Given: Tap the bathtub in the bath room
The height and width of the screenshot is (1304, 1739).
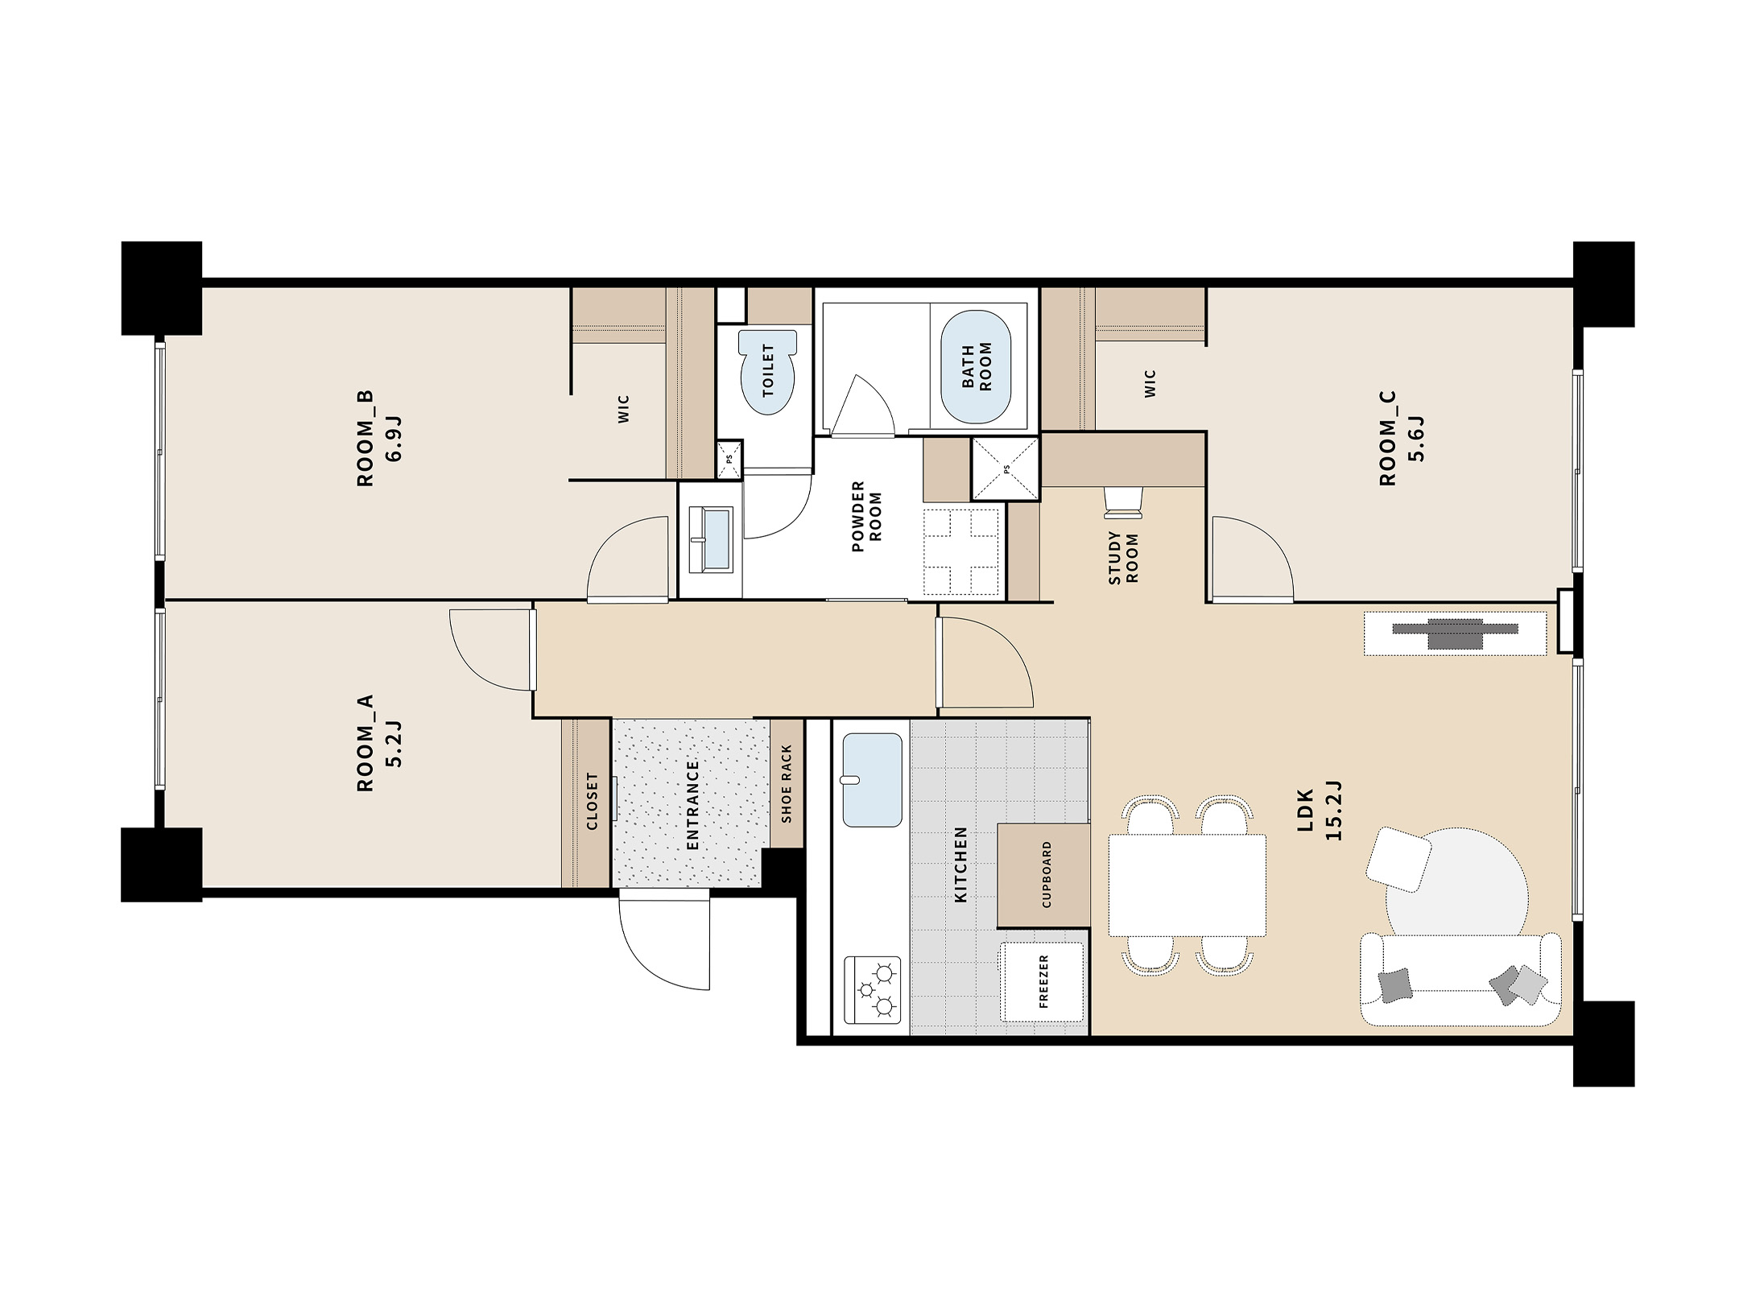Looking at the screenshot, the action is pos(976,367).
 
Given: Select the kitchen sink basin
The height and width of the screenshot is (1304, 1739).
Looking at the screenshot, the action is pos(872,780).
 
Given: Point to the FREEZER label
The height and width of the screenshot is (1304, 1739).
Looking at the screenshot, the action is pos(1044,981).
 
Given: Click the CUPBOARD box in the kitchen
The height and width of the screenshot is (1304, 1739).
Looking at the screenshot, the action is pos(1044,875).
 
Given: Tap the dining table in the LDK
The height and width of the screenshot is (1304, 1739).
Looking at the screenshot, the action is pos(1187,885).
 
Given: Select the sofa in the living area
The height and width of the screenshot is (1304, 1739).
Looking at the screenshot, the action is pos(1460,979).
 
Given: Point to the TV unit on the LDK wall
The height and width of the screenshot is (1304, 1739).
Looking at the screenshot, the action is pos(1455,633).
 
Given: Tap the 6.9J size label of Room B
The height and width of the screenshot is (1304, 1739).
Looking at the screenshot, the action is pos(394,439).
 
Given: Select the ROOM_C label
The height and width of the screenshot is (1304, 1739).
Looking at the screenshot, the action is pos(1387,439).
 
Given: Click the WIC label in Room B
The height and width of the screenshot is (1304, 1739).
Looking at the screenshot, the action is pos(623,408).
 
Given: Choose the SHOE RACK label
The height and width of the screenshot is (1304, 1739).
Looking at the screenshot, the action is pos(787,783).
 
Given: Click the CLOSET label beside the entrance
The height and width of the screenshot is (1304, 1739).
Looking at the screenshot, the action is pos(593,801).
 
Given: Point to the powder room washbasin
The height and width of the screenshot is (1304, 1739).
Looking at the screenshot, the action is pos(710,539).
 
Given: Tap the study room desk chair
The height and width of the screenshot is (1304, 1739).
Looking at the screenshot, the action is pos(1123,501).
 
